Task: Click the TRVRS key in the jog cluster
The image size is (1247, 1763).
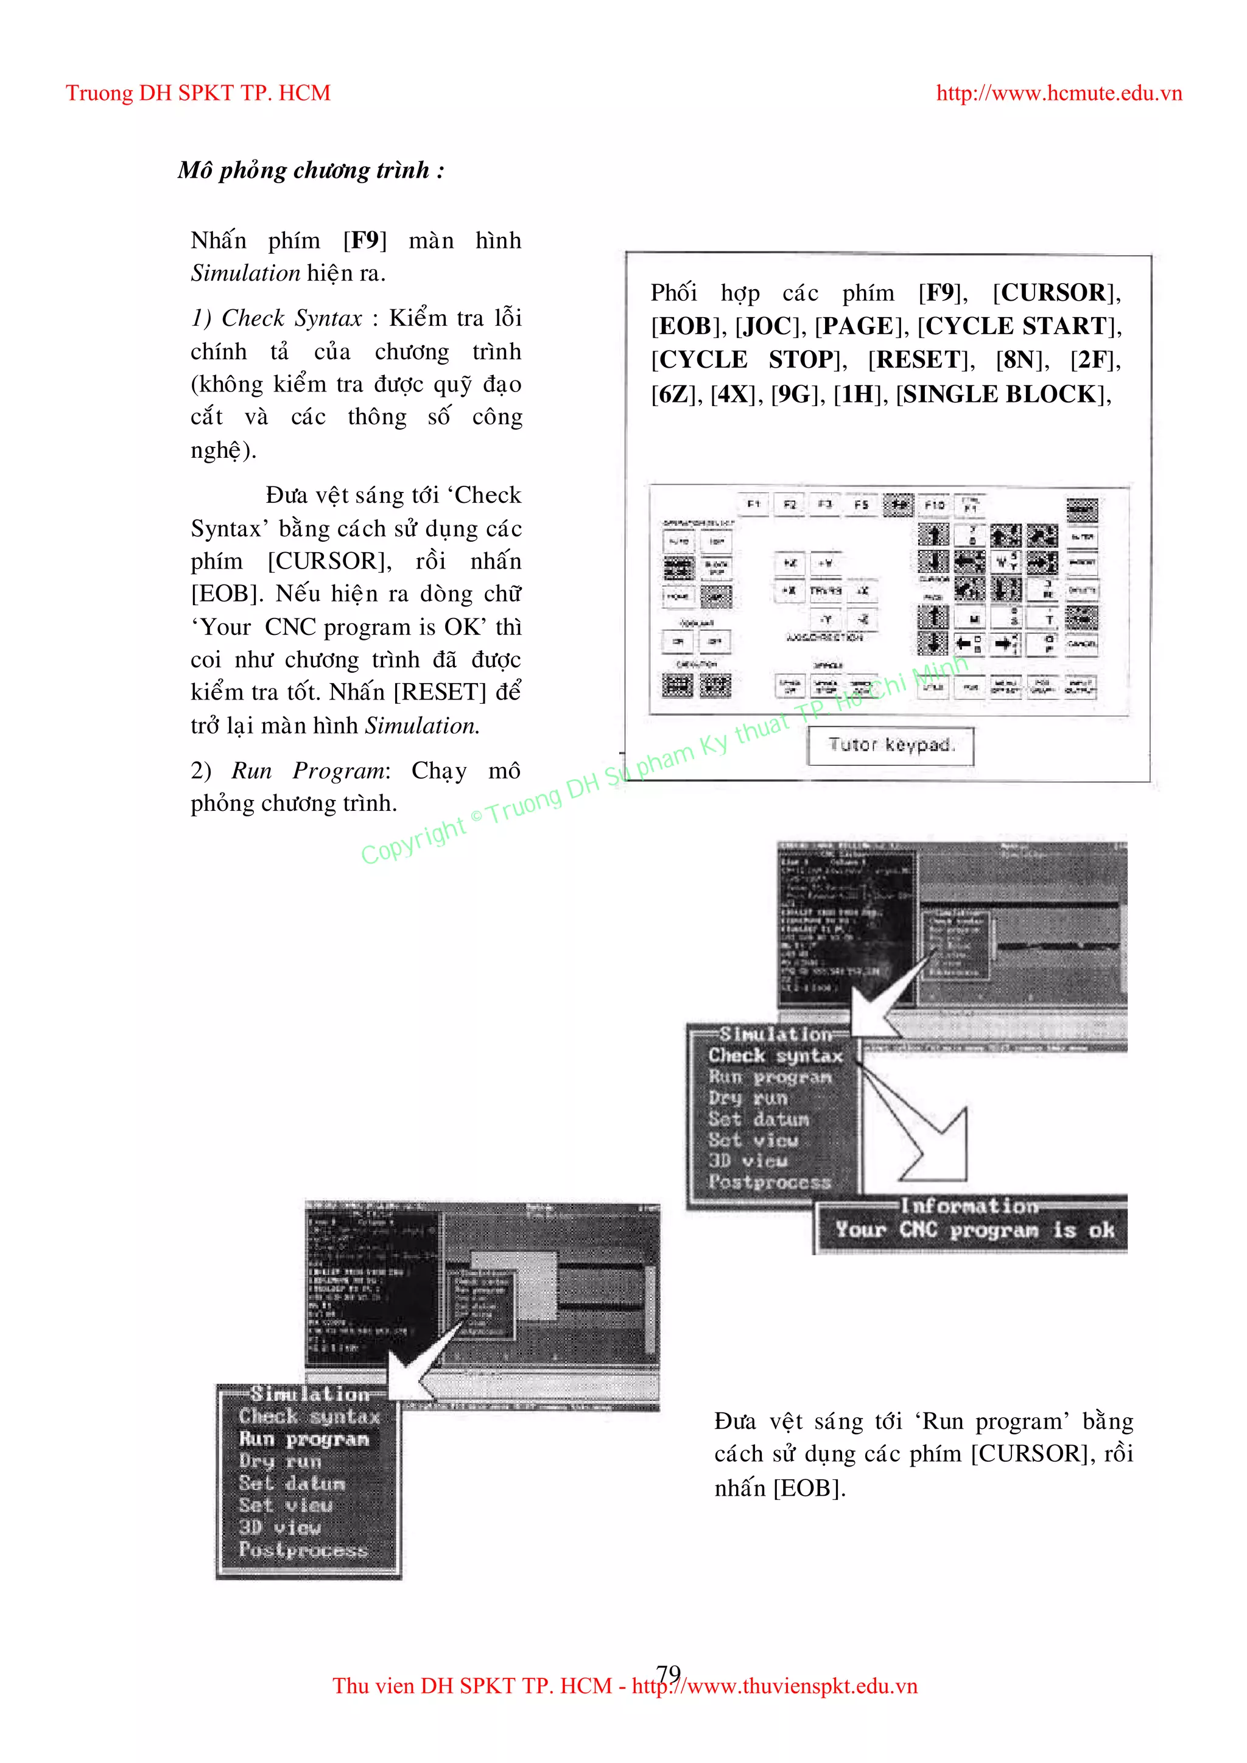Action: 826,591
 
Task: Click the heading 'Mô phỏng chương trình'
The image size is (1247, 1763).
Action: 310,170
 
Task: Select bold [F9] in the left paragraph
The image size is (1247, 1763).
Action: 365,240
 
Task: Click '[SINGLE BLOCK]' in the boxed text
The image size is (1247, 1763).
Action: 1003,394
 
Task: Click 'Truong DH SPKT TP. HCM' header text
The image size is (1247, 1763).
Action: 198,94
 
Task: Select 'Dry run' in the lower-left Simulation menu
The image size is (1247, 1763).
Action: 279,1460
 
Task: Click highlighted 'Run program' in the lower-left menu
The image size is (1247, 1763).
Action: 304,1439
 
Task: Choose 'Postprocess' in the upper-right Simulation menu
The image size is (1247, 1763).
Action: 770,1182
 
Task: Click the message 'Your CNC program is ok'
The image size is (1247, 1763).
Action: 974,1230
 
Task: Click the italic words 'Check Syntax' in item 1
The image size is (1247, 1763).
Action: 292,318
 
